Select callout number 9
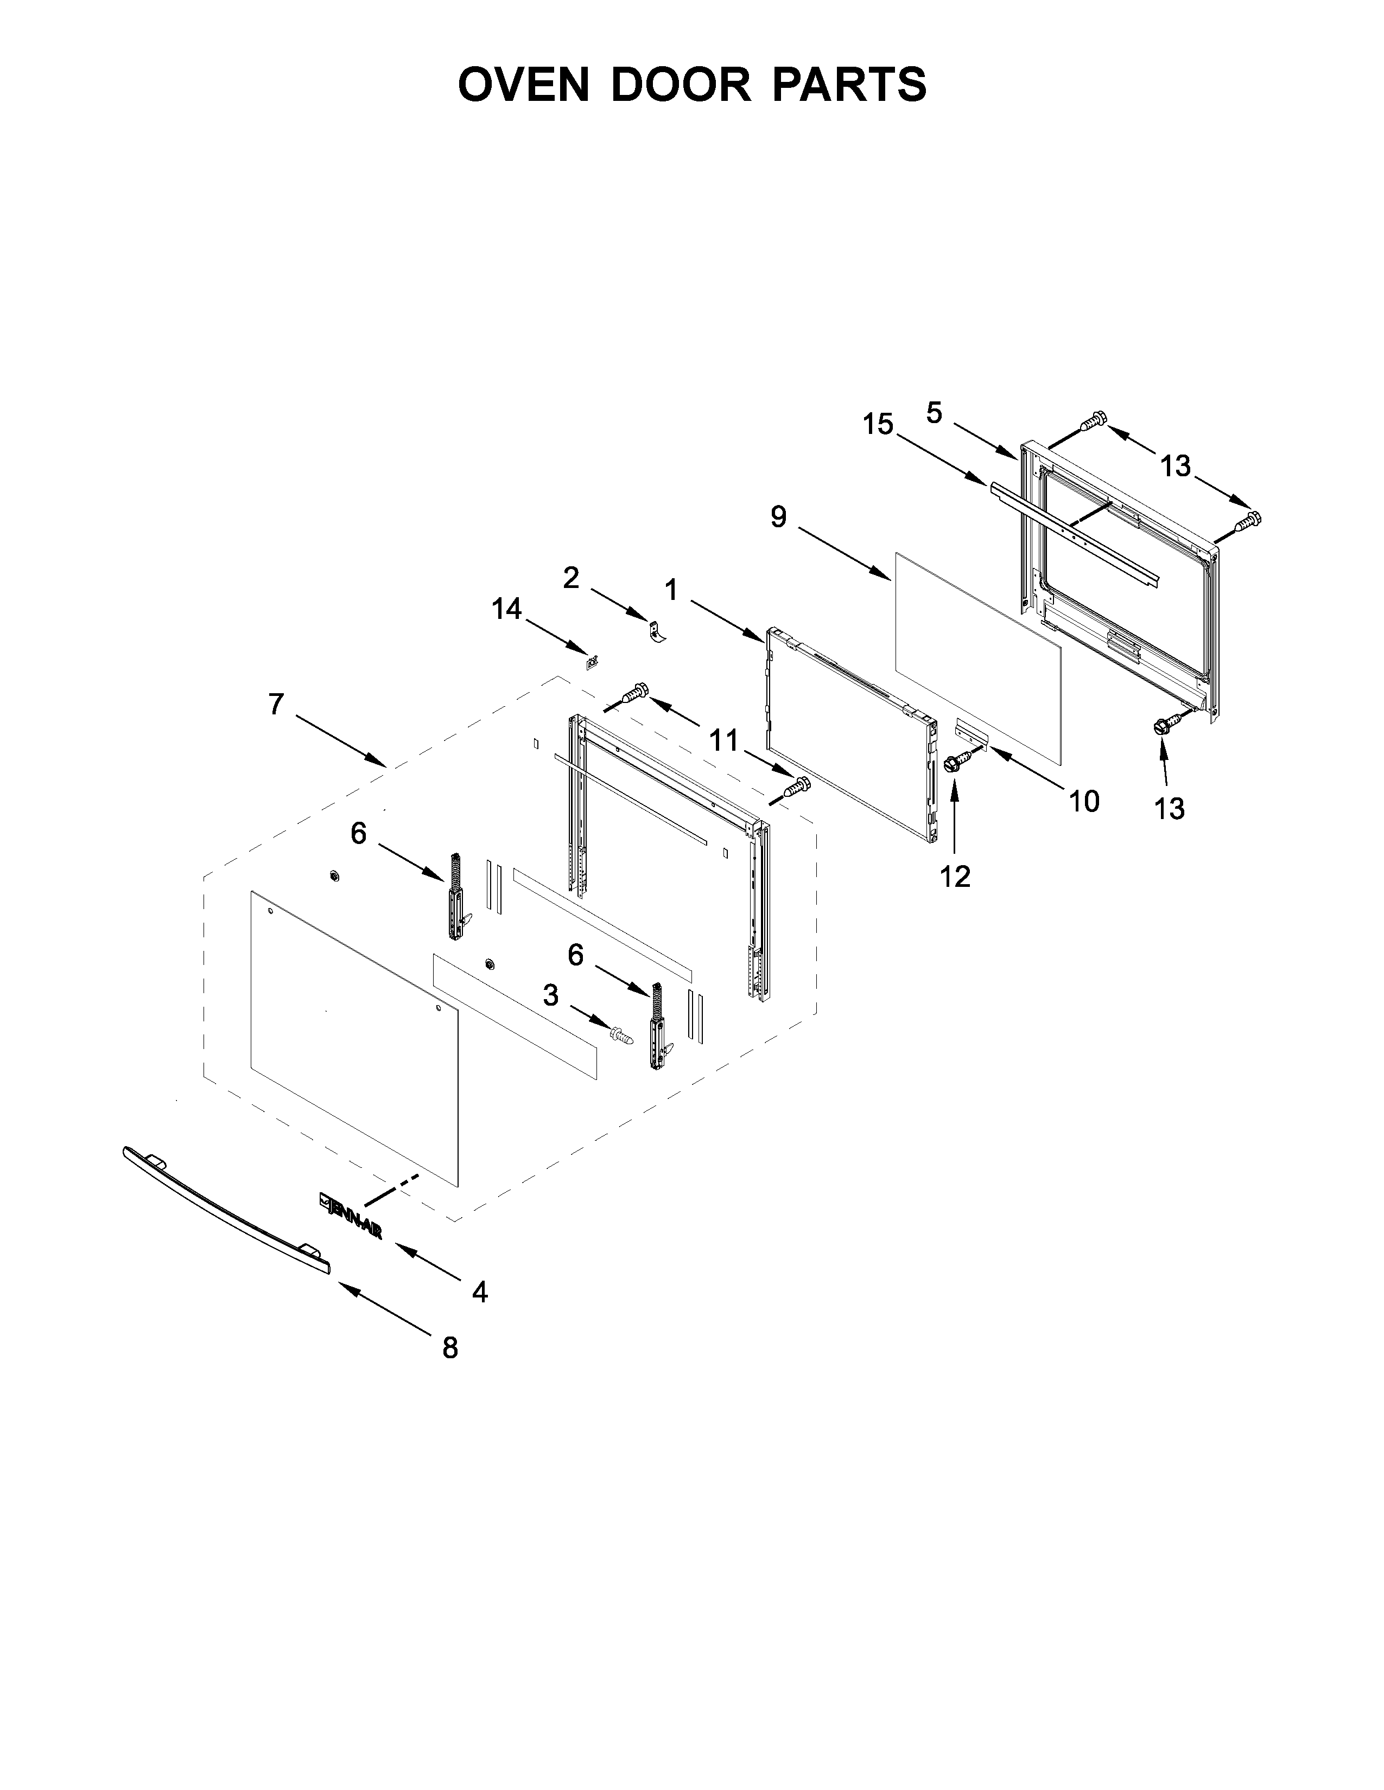pos(778,516)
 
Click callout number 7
pos(276,704)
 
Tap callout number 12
pos(955,876)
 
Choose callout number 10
pos(1083,801)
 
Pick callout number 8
pos(450,1347)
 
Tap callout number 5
pos(935,413)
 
